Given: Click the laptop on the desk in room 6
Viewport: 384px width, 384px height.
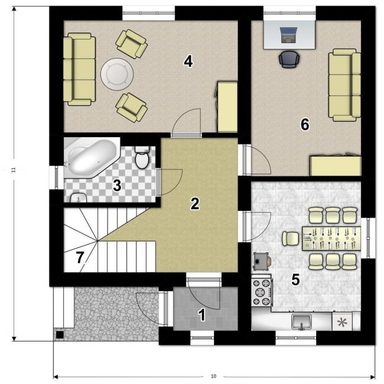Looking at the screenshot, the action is [288, 35].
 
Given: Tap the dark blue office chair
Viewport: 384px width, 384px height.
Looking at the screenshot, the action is [289, 59].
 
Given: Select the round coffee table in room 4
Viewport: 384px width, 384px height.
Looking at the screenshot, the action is [117, 74].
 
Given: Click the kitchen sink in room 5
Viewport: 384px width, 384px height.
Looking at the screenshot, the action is [301, 322].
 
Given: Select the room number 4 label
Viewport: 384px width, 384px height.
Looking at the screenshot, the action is [188, 61].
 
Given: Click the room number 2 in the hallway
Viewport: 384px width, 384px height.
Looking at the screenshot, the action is [195, 204].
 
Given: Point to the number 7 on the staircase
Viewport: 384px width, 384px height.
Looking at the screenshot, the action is [80, 258].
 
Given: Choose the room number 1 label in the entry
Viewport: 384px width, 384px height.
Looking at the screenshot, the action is [202, 315].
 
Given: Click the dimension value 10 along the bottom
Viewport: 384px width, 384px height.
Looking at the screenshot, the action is [213, 376].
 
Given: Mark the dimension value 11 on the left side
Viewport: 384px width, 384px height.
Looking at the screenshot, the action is [14, 170].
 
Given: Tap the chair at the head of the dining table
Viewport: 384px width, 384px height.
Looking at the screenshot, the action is [291, 239].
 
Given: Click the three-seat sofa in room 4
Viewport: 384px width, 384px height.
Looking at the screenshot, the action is [79, 69].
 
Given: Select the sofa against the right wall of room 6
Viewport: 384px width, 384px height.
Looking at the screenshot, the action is [344, 85].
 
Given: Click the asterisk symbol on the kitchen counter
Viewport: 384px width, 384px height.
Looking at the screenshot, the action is [342, 323].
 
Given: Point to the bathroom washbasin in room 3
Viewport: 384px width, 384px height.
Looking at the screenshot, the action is [79, 198].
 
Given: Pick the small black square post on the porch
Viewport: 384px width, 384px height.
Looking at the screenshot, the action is [60, 335].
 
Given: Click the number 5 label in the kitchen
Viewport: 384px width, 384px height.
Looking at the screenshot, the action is [295, 279].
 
